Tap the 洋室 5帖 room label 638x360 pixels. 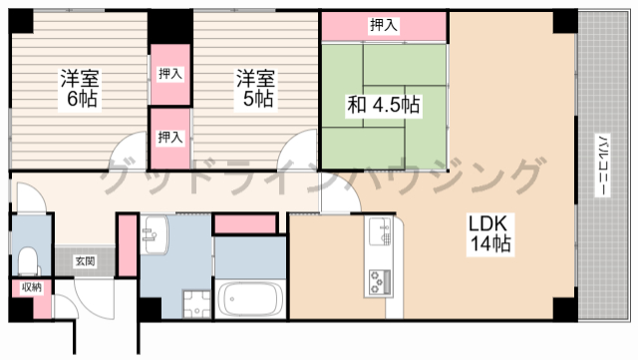click(255, 87)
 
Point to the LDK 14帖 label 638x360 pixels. click(490, 232)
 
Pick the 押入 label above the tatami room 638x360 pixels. click(383, 25)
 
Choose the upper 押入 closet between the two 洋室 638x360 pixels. click(170, 73)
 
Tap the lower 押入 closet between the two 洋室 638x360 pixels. click(170, 137)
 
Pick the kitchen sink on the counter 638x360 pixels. click(380, 235)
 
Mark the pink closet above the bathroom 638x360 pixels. click(246, 224)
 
